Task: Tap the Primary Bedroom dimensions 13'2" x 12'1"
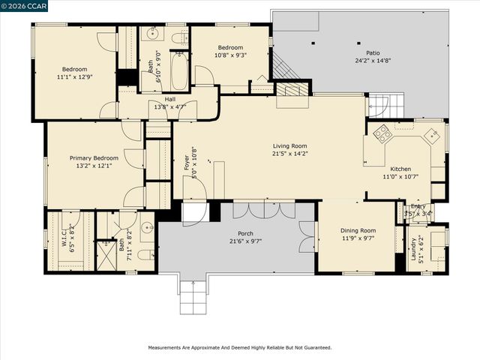[94, 166]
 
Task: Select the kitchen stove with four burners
[382, 133]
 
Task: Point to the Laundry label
[413, 250]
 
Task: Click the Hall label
[170, 99]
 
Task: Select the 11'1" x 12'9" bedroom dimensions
[75, 76]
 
